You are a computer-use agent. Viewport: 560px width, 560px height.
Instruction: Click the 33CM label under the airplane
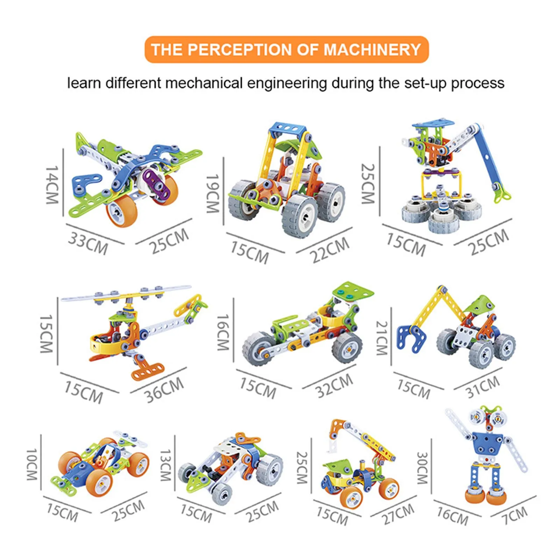88,243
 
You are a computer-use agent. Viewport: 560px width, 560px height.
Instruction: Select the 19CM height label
212,193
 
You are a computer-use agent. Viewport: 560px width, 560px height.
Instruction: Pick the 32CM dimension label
334,385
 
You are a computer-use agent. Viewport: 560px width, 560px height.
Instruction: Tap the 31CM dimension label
483,387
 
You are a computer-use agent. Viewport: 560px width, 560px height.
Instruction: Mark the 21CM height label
382,338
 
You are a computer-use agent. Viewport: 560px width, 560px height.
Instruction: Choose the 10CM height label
32,465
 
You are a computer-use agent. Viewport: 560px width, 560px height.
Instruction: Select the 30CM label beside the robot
422,468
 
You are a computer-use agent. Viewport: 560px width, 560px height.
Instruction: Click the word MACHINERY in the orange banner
372,50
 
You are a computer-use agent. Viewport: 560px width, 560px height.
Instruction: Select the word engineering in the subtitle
287,83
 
